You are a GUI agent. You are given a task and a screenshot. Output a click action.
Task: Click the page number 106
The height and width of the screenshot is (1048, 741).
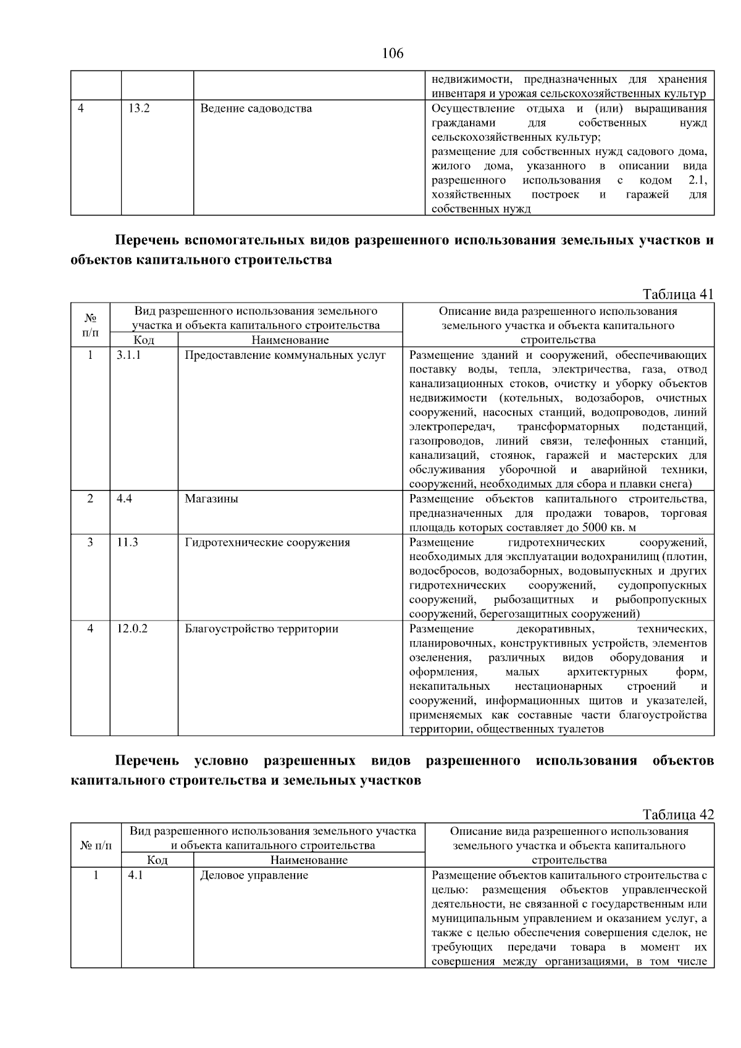(393, 54)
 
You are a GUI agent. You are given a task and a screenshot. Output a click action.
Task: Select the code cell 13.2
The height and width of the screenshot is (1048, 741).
(139, 109)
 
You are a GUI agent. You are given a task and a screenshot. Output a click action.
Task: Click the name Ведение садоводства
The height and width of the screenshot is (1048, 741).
(256, 109)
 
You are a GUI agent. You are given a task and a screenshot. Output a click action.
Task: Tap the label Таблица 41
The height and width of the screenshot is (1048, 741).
(678, 294)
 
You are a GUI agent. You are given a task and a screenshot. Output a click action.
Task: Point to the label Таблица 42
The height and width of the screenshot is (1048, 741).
(678, 815)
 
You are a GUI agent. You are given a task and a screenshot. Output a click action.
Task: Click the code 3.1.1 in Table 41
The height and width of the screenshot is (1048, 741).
(128, 355)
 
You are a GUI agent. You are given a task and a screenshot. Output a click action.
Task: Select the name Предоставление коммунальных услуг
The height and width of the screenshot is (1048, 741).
(285, 355)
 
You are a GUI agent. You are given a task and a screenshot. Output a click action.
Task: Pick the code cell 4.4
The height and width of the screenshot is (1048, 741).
(124, 499)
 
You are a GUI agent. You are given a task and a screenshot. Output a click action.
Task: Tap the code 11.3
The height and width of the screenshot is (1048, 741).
(127, 542)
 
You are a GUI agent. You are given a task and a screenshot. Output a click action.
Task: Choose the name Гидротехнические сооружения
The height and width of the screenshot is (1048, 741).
(267, 542)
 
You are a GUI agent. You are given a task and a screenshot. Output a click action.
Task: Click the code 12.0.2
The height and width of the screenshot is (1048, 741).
(132, 629)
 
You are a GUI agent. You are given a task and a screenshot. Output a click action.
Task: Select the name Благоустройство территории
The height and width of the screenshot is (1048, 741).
(262, 629)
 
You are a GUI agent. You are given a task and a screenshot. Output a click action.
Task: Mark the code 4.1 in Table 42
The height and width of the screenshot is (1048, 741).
(135, 875)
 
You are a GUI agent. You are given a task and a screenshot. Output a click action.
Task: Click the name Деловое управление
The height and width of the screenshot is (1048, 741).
(254, 875)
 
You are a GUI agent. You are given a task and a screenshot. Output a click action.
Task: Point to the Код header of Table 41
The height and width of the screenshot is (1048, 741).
(144, 340)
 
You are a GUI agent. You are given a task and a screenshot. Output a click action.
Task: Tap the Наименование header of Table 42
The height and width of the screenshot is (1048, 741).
(309, 860)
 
